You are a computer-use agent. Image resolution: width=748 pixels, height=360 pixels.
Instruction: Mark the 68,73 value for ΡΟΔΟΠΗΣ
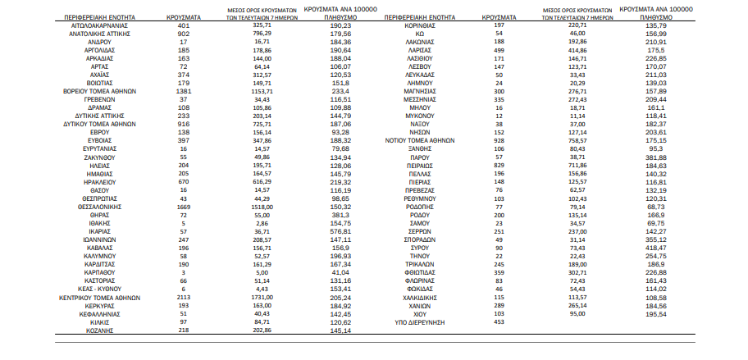pos(653,207)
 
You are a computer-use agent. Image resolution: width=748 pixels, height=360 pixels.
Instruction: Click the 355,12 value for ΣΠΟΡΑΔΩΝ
pos(653,240)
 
